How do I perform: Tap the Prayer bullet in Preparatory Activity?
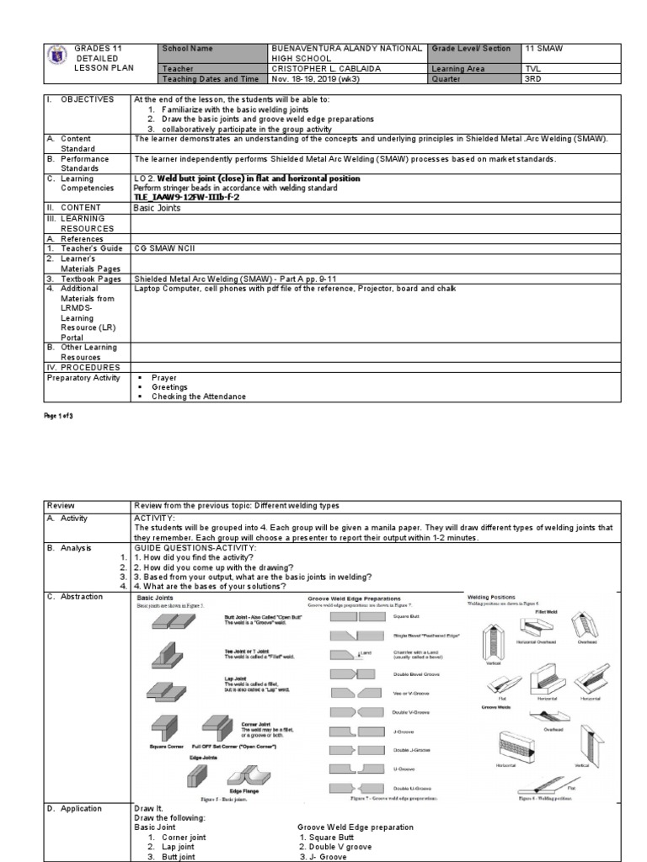tap(164, 378)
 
